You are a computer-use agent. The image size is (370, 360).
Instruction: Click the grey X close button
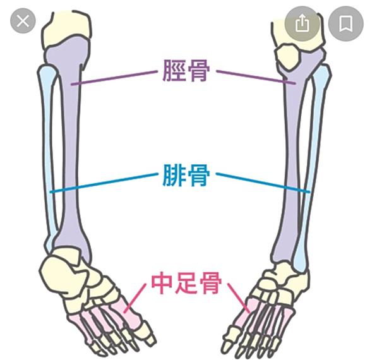coord(23,21)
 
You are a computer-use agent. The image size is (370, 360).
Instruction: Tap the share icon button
coord(302,23)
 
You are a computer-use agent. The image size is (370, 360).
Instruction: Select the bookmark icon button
coord(346,23)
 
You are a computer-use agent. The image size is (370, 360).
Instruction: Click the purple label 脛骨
coord(186,70)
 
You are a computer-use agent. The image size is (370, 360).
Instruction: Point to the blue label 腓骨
coord(186,175)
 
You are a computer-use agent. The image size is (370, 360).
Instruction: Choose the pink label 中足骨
coord(186,283)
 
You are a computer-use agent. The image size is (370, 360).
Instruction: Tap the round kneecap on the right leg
coord(289,57)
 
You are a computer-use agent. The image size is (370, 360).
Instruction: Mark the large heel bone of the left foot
coord(58,274)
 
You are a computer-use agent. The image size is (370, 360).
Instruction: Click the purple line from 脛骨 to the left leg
coord(114,77)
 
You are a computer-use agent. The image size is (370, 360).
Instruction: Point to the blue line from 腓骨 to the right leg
coord(263,183)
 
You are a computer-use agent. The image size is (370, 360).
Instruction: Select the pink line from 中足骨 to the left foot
coord(134,298)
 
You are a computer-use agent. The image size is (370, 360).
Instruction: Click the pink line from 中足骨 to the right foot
coord(238,297)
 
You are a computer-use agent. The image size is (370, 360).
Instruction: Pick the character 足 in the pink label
coord(186,283)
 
